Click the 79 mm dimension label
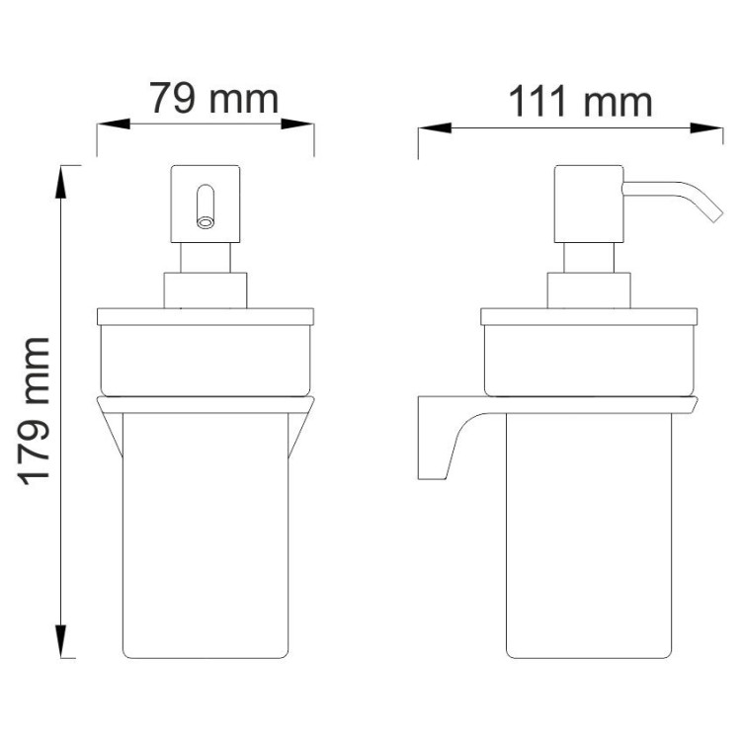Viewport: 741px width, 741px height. pyautogui.click(x=213, y=99)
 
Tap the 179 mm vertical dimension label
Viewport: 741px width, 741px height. pyautogui.click(x=37, y=410)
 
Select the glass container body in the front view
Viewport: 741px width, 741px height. pyautogui.click(x=206, y=534)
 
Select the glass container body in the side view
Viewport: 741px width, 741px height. pyautogui.click(x=589, y=534)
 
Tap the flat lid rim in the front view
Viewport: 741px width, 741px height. pyautogui.click(x=206, y=317)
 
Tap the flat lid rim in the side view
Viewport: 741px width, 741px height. pyautogui.click(x=589, y=317)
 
